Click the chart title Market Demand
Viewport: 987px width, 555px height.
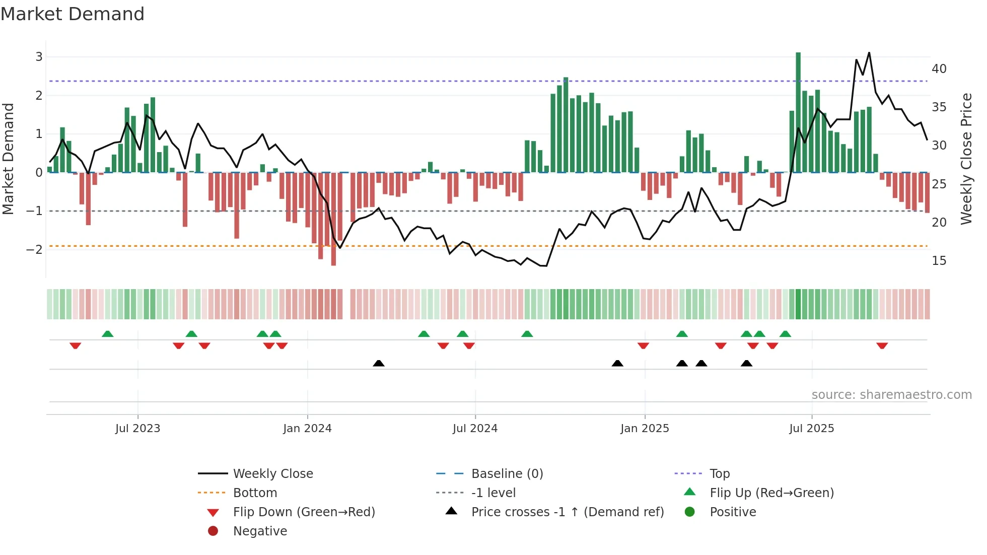[73, 14]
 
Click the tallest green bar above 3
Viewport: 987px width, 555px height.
[798, 111]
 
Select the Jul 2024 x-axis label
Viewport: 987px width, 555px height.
[475, 429]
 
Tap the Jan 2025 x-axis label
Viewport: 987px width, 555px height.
[645, 429]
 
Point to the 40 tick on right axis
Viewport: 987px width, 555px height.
[939, 69]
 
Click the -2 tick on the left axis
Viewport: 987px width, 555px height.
[34, 250]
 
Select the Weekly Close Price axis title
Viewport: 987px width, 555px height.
[966, 159]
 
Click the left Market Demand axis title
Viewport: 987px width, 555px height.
[8, 159]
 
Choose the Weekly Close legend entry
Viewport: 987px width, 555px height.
[272, 474]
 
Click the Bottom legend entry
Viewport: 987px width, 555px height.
[255, 493]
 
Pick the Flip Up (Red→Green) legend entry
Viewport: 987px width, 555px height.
[771, 493]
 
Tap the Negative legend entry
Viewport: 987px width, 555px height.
[260, 531]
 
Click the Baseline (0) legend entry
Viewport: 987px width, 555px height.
[507, 474]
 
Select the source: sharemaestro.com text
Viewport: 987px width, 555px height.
[891, 395]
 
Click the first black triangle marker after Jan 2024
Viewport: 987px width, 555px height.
[379, 363]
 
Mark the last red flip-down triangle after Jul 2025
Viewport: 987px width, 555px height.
[882, 345]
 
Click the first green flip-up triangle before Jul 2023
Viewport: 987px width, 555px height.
[107, 334]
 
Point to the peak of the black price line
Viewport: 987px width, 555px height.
[869, 53]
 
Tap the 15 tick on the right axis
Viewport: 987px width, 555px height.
[939, 261]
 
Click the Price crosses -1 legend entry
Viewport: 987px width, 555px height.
[567, 512]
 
